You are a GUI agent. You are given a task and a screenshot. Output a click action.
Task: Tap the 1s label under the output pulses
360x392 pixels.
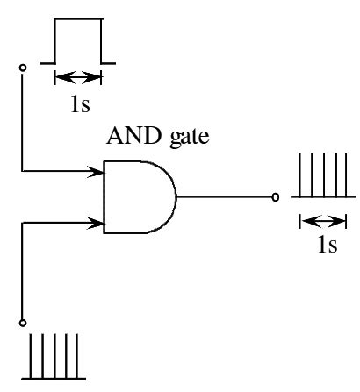point(326,245)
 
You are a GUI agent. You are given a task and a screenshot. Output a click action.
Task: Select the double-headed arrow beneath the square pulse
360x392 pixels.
point(77,76)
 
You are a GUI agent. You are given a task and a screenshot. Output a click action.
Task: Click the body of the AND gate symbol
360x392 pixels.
point(136,197)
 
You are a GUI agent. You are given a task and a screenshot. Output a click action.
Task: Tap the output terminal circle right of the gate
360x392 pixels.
point(277,197)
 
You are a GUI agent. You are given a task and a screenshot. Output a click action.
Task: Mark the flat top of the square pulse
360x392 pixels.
point(77,19)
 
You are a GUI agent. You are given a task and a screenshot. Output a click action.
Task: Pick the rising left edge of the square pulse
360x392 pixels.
point(54,41)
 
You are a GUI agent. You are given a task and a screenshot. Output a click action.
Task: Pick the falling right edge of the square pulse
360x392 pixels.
point(101,41)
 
